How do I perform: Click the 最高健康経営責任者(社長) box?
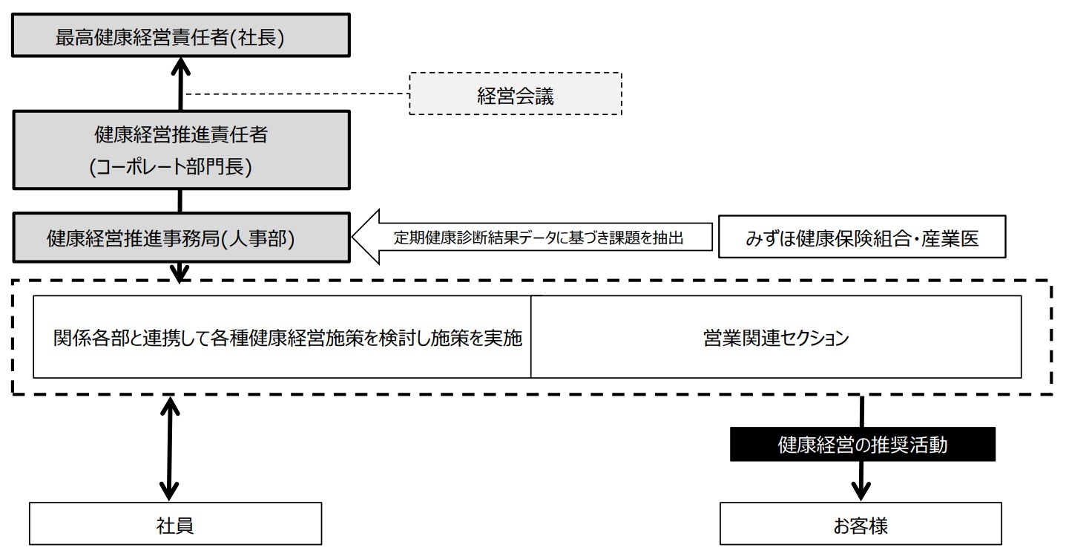click(180, 37)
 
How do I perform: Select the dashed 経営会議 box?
click(515, 94)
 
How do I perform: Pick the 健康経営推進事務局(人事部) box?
click(180, 238)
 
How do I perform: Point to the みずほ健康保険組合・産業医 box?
click(861, 238)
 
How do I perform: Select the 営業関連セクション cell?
click(776, 337)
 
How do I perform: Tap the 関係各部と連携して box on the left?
click(283, 337)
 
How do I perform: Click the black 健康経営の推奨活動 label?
click(862, 444)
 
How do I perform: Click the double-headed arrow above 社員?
click(171, 448)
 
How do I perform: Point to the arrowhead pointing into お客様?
click(861, 491)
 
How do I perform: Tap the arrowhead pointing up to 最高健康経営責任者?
click(180, 70)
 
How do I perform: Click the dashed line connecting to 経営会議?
click(297, 94)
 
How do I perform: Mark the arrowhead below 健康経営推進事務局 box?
click(180, 274)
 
